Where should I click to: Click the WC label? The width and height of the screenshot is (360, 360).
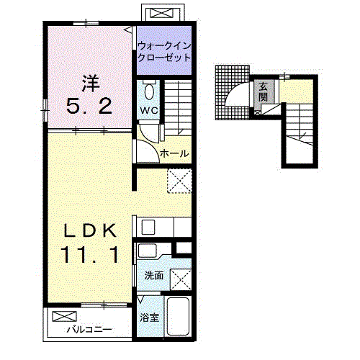coord(149,110)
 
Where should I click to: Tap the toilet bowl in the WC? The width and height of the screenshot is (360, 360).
coord(149,92)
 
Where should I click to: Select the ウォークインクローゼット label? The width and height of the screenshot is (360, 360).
coord(164,52)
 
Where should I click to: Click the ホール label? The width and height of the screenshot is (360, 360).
coord(174,153)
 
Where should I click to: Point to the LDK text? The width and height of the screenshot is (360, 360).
coord(90,231)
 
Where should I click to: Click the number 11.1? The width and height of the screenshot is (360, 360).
coord(90,255)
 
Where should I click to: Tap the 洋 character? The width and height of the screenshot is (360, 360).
coord(91,84)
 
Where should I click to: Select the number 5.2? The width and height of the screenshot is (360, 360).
coord(89,107)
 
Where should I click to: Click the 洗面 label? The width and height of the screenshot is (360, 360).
coord(154,276)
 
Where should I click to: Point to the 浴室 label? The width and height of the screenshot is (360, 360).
coord(150,318)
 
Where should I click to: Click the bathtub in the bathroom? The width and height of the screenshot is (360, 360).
coord(178,316)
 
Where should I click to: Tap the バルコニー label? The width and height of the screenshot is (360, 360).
coord(89,330)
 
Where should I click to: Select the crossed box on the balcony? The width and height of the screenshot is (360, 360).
coord(65,316)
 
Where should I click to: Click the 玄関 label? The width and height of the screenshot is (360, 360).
coord(264,91)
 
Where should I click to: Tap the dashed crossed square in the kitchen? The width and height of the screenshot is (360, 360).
coord(179,181)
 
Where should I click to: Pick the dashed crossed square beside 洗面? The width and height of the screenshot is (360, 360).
coord(181,279)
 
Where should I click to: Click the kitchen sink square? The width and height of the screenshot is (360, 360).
coord(148,227)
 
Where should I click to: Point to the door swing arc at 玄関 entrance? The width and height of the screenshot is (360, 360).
coord(236,92)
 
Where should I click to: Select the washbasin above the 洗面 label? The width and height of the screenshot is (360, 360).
coord(148,251)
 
